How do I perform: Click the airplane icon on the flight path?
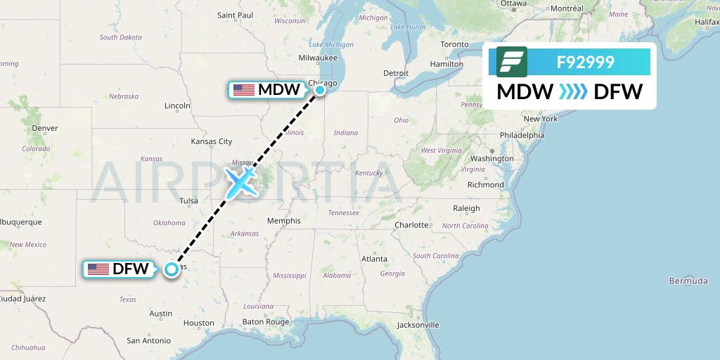(x=240, y=181)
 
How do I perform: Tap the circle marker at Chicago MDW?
(x=320, y=89)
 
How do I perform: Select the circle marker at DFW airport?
(x=171, y=269)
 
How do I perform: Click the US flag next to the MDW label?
(x=243, y=89)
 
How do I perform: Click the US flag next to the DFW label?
(x=98, y=269)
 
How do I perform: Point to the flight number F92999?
(x=585, y=62)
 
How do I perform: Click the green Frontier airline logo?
(x=512, y=62)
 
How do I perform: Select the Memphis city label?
(x=284, y=221)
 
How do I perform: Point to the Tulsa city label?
(x=188, y=201)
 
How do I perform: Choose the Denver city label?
(x=44, y=128)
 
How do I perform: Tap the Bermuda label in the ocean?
(x=688, y=281)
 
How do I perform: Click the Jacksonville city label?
(x=418, y=325)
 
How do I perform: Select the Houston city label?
(x=199, y=323)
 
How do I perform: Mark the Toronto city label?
(x=454, y=44)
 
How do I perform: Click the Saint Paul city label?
(x=235, y=15)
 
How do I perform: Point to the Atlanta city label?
(x=374, y=259)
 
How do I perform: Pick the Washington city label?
(x=492, y=159)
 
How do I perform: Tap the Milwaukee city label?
(x=318, y=58)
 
